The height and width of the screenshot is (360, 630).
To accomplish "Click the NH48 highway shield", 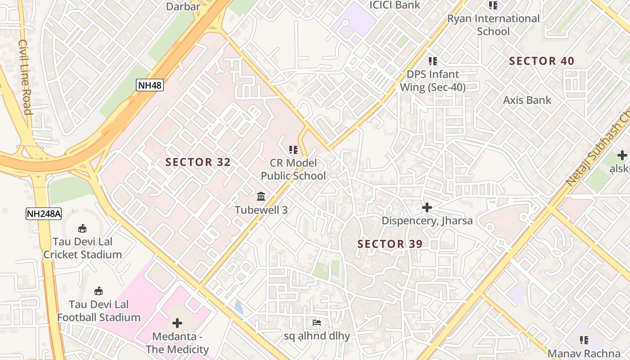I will [x=150, y=85].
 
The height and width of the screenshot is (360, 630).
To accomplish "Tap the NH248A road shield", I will [x=43, y=213].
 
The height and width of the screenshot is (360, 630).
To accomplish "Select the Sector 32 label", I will [x=198, y=162].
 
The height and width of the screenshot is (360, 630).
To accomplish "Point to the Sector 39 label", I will [x=390, y=244].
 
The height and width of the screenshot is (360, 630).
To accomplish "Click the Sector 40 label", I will [x=541, y=61].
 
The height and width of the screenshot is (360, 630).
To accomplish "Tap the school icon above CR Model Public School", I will [x=293, y=150].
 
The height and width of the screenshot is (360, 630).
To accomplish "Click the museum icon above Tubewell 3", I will [x=261, y=197].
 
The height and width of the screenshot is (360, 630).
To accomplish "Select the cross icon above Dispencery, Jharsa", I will [x=427, y=207].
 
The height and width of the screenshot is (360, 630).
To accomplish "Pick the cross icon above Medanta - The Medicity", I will [x=177, y=323].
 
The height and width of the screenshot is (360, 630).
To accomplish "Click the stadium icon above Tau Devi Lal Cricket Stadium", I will [x=82, y=229].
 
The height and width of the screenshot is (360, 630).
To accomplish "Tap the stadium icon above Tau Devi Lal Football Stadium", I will [x=99, y=291].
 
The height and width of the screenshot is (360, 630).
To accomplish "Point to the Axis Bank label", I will [x=527, y=100].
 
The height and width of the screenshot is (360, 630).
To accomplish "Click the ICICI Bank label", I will [x=395, y=5].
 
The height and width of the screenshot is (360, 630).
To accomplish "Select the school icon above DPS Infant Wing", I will [x=432, y=61].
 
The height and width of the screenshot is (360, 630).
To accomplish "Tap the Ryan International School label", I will [x=493, y=25].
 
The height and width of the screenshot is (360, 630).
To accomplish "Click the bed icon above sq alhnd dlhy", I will [x=317, y=323].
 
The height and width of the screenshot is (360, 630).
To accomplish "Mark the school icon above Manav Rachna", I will [x=584, y=340].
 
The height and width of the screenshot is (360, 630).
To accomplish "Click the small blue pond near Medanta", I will [x=238, y=307].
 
